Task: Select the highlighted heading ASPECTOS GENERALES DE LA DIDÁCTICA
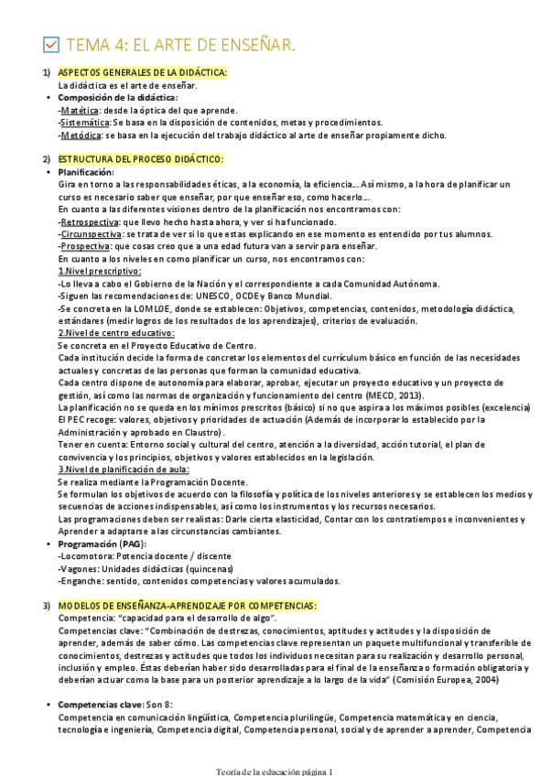click(142, 72)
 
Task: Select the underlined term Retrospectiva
click(89, 221)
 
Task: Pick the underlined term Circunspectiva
click(91, 234)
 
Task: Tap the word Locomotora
click(86, 555)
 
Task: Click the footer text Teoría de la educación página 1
click(274, 771)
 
